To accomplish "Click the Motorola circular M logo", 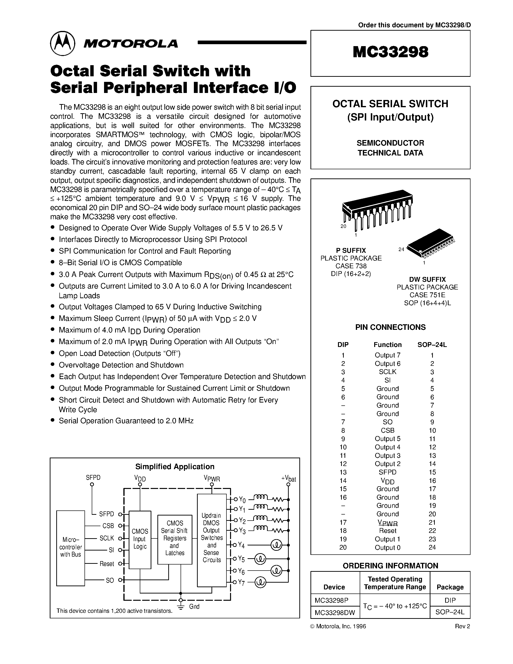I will (x=62, y=43).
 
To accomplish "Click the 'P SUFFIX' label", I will (x=351, y=251).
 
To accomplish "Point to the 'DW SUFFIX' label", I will (x=427, y=279).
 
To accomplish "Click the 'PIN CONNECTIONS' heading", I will (x=391, y=327).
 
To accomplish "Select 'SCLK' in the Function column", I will (x=387, y=372).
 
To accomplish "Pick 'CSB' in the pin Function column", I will (x=387, y=431).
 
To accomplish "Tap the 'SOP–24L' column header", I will (x=432, y=345).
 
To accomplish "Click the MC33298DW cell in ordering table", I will (x=335, y=613).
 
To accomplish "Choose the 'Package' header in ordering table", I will (x=450, y=587).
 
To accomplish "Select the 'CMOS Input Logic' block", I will (x=140, y=539).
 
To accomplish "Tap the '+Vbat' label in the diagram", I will (x=288, y=479).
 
